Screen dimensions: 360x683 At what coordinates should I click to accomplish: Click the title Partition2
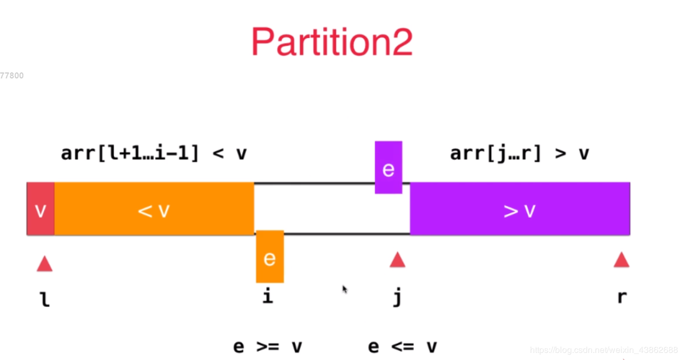[x=332, y=42]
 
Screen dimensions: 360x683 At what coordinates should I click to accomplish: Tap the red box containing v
[x=40, y=209]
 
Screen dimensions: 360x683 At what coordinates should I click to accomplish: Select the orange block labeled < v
[x=154, y=209]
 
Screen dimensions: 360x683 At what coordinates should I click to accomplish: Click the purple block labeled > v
[x=520, y=209]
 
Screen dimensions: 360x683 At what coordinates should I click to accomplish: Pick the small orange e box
[x=270, y=257]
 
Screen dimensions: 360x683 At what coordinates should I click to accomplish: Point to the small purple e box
[x=388, y=168]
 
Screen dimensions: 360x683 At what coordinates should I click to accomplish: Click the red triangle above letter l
[x=45, y=264]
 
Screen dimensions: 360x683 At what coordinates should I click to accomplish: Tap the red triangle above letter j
[x=398, y=260]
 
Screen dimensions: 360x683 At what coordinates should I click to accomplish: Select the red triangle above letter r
[x=621, y=260]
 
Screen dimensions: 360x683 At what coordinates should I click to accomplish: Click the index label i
[x=267, y=297]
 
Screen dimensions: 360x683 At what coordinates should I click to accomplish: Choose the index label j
[x=398, y=297]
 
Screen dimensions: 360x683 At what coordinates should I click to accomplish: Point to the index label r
[x=621, y=297]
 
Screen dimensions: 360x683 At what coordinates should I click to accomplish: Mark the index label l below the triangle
[x=45, y=298]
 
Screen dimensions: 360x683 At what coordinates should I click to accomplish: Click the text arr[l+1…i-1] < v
[x=154, y=154]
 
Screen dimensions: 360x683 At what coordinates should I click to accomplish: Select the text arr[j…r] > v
[x=520, y=154]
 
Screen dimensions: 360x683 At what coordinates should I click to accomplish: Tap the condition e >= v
[x=267, y=346]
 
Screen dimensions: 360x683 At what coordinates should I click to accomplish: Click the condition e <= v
[x=403, y=346]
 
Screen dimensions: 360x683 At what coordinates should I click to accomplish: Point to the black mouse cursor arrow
[x=345, y=289]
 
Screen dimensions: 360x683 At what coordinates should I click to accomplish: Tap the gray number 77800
[x=11, y=76]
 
